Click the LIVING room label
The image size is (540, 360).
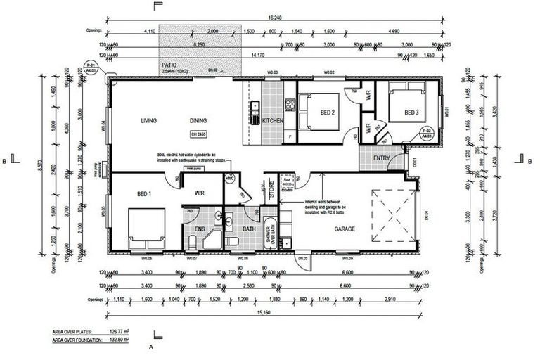(x=148, y=120)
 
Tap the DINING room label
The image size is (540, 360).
(x=199, y=120)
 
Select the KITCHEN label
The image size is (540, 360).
(x=273, y=122)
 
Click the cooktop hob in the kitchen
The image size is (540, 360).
(x=289, y=106)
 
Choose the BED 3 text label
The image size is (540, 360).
(x=411, y=112)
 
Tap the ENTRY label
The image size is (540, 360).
(x=382, y=159)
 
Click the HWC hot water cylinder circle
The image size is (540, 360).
(x=229, y=180)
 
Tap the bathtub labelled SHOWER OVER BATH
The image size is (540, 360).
(x=270, y=235)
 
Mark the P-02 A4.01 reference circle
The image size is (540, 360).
(x=425, y=133)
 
